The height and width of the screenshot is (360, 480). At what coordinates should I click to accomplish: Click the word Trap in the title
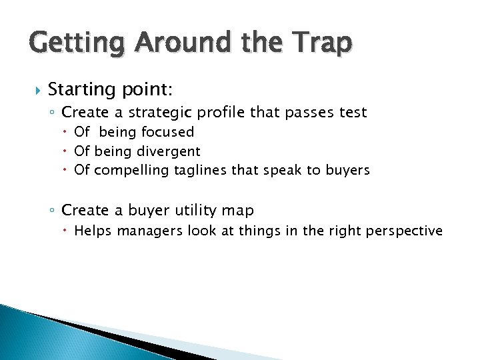pyautogui.click(x=319, y=43)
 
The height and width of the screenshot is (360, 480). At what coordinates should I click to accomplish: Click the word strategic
pyautogui.click(x=169, y=113)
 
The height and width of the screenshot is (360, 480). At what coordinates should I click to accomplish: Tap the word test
pyautogui.click(x=353, y=113)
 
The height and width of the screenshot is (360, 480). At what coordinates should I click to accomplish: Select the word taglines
pyautogui.click(x=201, y=171)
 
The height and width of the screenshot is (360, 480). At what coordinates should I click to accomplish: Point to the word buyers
pyautogui.click(x=347, y=170)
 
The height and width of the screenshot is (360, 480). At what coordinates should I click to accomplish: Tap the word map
pyautogui.click(x=239, y=211)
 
